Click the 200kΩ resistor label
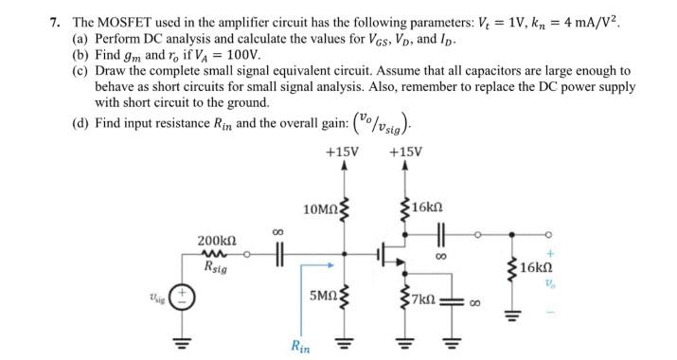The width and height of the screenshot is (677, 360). tap(215, 242)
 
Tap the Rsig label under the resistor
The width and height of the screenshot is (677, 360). tap(215, 268)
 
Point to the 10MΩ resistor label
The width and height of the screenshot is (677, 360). tap(318, 208)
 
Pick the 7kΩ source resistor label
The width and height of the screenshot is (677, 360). tap(424, 300)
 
